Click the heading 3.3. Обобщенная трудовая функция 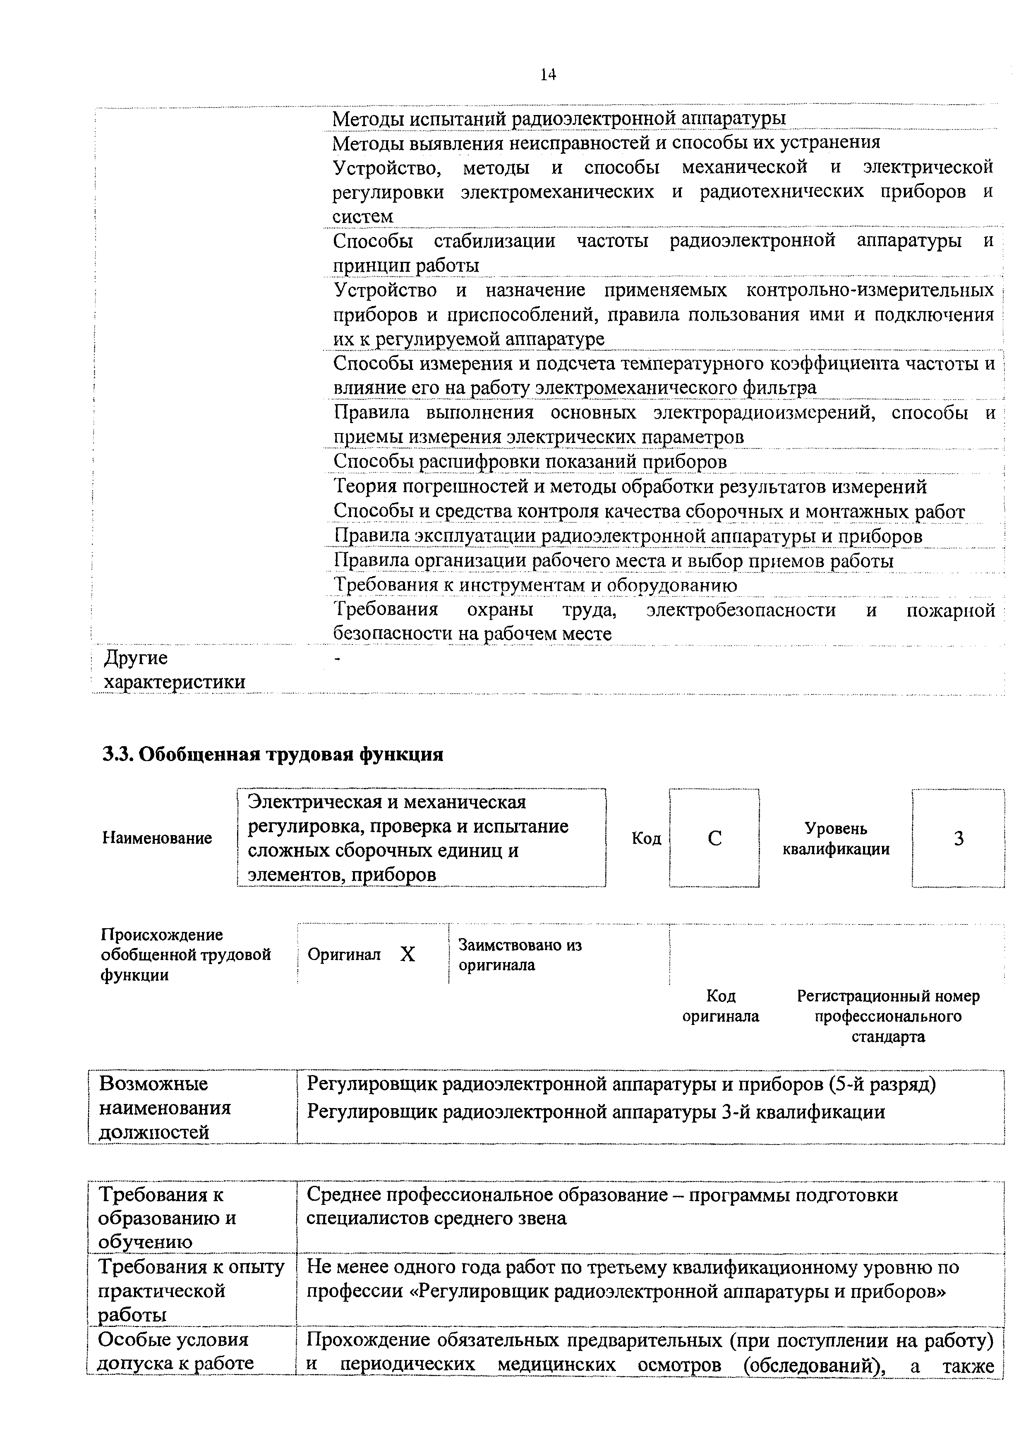(273, 754)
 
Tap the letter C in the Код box (714, 838)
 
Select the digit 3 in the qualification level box (959, 838)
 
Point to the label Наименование (157, 838)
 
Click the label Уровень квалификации (836, 838)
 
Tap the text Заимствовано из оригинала (520, 955)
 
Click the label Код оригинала (721, 1006)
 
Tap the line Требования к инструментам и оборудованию (535, 585)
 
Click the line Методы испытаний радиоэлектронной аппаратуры (559, 118)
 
